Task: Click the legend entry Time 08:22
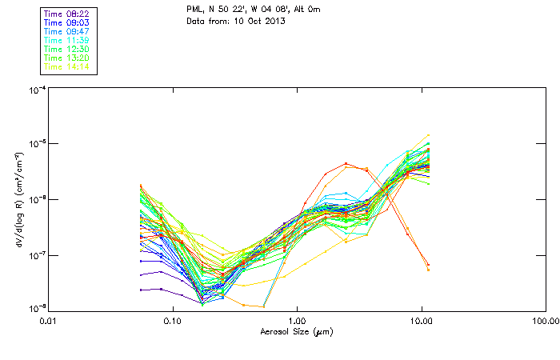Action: click(67, 14)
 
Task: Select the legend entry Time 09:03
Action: click(67, 22)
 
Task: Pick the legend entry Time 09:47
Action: click(67, 31)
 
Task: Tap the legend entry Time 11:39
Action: click(67, 40)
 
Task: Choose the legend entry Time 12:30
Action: click(67, 49)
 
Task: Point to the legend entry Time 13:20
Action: click(67, 58)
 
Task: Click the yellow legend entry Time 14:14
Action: click(67, 66)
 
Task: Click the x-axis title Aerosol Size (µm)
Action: click(296, 331)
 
